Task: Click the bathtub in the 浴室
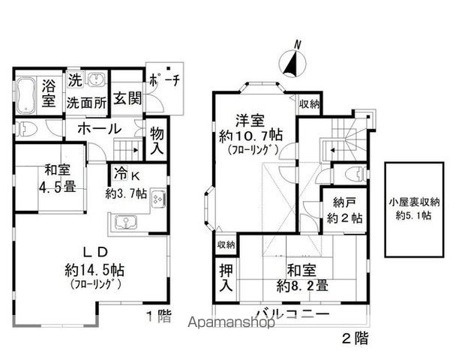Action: click(x=25, y=94)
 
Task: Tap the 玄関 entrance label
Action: click(x=125, y=97)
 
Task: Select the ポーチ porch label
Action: click(x=163, y=83)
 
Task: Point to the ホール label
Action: click(x=98, y=129)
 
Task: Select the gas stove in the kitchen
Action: click(x=159, y=200)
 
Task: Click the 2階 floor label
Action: click(x=355, y=337)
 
